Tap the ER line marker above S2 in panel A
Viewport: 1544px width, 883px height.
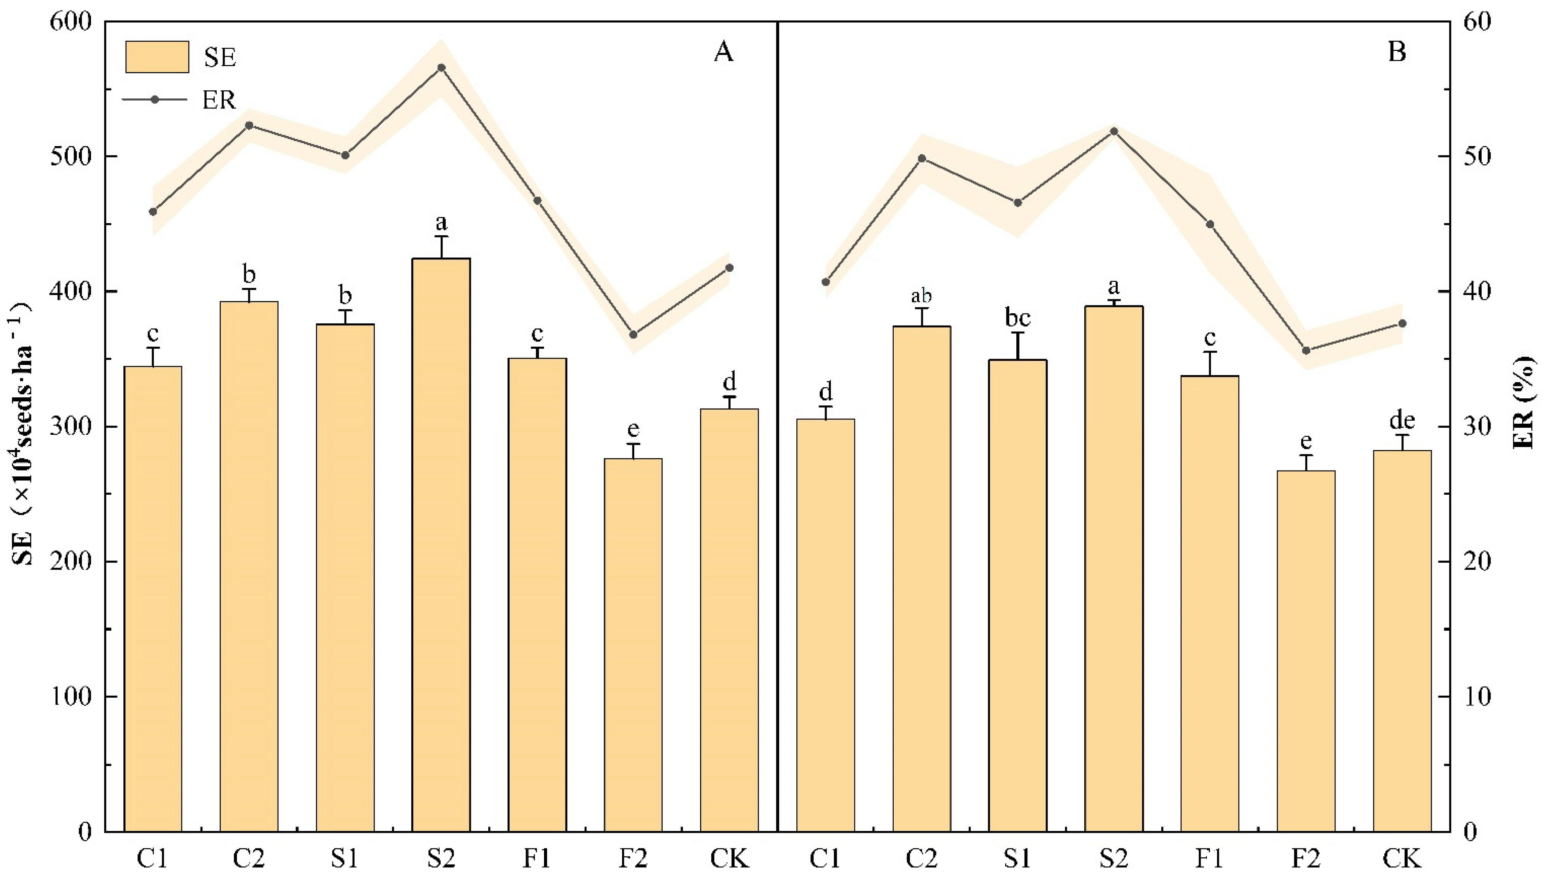pos(441,68)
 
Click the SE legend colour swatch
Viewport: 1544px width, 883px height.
pos(157,57)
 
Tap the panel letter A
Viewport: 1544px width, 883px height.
pos(723,52)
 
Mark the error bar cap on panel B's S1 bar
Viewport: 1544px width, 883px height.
pos(1018,332)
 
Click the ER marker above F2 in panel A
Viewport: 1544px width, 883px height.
pos(634,335)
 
